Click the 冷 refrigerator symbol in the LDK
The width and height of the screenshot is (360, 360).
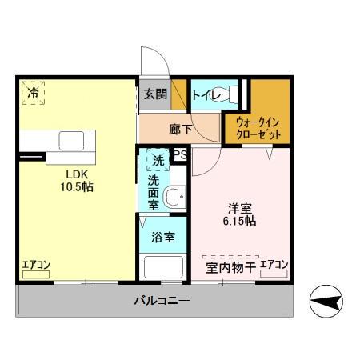(x=33, y=93)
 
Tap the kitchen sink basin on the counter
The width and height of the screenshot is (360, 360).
(x=71, y=141)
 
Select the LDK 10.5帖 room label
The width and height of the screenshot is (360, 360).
(x=77, y=181)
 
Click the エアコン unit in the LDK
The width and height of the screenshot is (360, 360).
(x=36, y=274)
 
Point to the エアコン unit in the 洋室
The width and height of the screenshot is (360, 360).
(x=274, y=274)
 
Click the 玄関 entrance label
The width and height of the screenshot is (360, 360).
(x=155, y=94)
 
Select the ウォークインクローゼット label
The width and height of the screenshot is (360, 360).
(x=258, y=129)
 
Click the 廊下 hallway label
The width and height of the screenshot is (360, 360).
(x=181, y=130)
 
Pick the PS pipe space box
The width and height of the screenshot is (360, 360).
(x=181, y=154)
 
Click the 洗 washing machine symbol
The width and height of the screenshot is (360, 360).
(x=158, y=160)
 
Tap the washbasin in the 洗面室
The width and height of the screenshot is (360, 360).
(x=175, y=197)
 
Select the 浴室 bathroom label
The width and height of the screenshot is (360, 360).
(x=163, y=237)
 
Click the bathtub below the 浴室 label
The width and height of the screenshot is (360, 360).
(x=163, y=267)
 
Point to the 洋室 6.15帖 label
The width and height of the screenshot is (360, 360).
(x=240, y=214)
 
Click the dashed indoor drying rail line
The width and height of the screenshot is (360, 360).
(x=230, y=257)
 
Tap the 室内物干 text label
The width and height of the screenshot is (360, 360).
(x=231, y=267)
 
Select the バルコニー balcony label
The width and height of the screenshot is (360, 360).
(x=162, y=301)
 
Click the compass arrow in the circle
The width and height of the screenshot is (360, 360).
(x=326, y=302)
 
